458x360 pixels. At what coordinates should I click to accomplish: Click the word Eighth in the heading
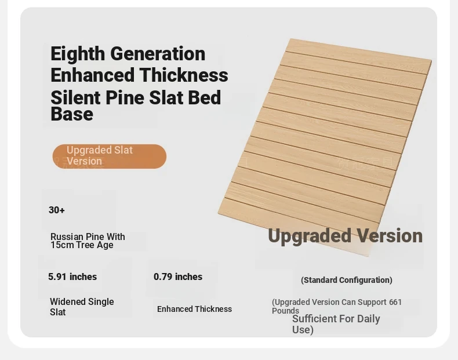[x=78, y=54]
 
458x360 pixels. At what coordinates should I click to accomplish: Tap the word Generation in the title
[x=158, y=54]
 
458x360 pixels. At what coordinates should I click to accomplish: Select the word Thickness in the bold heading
[x=184, y=75]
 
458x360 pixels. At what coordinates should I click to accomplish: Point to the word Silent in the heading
[x=75, y=97]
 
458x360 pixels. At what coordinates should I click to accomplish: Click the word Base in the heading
[x=72, y=114]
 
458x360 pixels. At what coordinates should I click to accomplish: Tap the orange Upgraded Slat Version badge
[x=110, y=156]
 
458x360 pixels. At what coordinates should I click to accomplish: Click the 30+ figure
[x=57, y=210]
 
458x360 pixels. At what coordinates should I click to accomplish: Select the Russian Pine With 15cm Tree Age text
[x=88, y=241]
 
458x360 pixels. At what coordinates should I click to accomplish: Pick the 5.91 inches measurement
[x=72, y=277]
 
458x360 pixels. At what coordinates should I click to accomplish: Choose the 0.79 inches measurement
[x=178, y=277]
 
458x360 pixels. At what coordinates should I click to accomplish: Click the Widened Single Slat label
[x=82, y=307]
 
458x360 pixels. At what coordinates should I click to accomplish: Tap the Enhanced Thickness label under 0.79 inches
[x=195, y=309]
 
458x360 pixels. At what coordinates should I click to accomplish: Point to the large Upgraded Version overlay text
[x=346, y=236]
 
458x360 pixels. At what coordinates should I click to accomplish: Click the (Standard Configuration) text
[x=347, y=280]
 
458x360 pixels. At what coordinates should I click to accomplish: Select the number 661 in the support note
[x=395, y=302]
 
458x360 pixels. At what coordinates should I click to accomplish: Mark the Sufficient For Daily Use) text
[x=336, y=324]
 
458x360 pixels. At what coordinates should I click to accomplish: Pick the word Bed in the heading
[x=205, y=97]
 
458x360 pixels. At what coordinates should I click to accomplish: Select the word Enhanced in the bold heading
[x=93, y=75]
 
